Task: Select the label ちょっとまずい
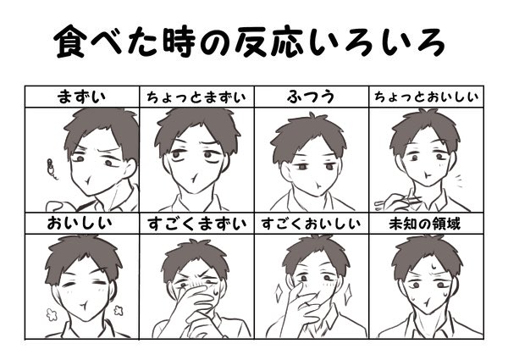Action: click(197, 96)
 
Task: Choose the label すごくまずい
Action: click(197, 224)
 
